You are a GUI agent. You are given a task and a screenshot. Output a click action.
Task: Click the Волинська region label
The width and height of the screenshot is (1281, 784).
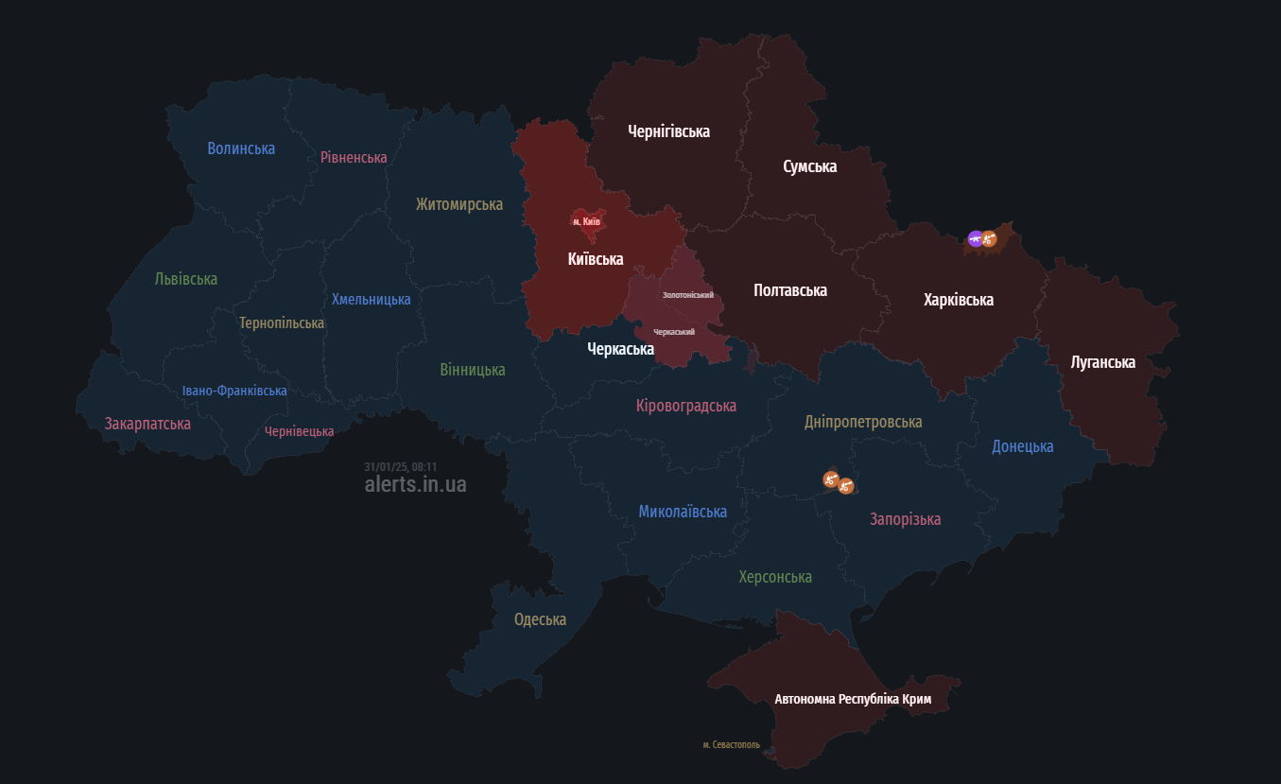click(241, 148)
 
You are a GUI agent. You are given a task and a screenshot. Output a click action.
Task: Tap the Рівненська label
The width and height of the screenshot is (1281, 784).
click(354, 157)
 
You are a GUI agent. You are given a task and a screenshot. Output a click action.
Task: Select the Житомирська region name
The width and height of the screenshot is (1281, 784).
click(459, 204)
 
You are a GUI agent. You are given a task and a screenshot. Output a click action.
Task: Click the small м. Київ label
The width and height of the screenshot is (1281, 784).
click(586, 221)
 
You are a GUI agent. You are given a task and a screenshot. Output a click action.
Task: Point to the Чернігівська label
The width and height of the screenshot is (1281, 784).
click(668, 131)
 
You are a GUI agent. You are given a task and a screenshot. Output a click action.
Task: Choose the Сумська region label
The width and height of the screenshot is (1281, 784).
click(809, 166)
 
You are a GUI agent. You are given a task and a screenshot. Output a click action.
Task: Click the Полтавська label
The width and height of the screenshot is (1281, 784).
click(790, 290)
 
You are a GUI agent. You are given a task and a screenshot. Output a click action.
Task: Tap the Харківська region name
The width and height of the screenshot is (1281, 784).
click(959, 300)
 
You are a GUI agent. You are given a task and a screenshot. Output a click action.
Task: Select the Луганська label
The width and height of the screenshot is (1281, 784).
click(1103, 362)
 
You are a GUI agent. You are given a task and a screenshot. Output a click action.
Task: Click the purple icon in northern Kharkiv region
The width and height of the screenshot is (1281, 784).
click(975, 238)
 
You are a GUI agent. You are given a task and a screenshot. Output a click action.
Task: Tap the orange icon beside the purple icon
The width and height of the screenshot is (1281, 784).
click(989, 239)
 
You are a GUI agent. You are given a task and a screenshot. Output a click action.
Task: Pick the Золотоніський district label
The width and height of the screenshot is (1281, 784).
click(687, 295)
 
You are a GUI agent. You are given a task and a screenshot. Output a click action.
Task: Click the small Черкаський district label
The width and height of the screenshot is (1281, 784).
click(674, 332)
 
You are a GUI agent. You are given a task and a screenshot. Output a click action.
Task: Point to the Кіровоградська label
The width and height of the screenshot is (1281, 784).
click(686, 406)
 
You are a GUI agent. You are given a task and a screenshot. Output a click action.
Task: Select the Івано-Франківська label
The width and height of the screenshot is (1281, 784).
click(234, 391)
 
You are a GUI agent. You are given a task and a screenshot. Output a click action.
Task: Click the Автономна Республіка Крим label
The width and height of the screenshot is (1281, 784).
click(853, 700)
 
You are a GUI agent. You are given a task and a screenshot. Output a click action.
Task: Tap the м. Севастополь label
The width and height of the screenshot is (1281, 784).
click(731, 745)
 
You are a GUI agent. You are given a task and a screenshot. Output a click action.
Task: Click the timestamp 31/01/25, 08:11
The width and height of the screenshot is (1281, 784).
click(400, 467)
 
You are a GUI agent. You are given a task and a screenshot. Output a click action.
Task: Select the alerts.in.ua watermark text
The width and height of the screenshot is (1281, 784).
click(415, 484)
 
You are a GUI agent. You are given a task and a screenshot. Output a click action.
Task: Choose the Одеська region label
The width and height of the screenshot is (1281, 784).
click(540, 619)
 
